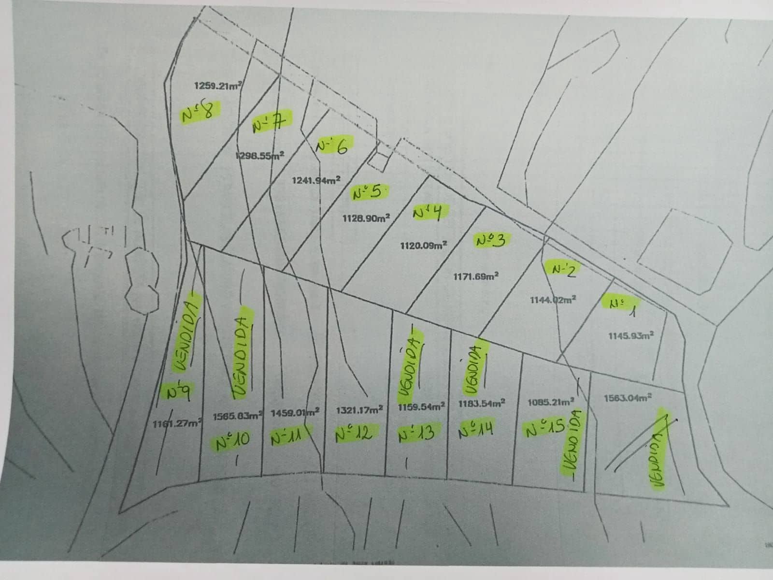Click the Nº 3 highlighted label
pos(490,240)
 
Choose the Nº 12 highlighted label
pos(354,433)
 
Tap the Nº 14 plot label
pos(476,429)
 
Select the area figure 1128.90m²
pos(366,218)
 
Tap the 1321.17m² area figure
pos(359,410)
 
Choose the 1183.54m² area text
pos(482,403)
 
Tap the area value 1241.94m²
pos(316,180)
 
